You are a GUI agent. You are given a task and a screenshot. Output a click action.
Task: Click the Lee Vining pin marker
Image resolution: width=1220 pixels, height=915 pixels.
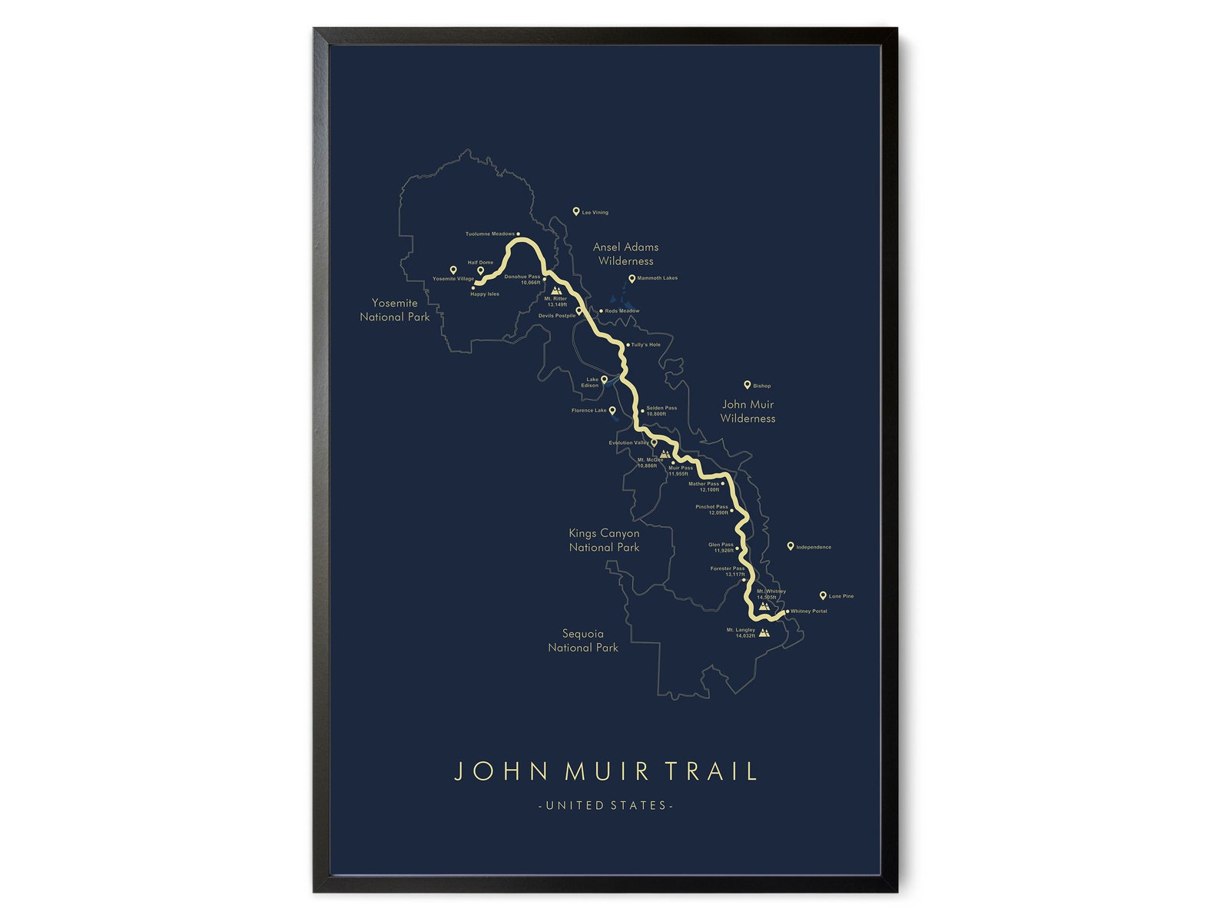click(576, 211)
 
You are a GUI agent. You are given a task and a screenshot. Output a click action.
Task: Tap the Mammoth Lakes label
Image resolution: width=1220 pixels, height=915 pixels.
click(658, 278)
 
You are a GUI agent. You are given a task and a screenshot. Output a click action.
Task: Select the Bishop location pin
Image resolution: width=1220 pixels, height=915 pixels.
click(747, 385)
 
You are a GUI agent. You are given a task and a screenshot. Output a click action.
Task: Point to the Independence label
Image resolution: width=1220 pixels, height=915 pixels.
click(814, 547)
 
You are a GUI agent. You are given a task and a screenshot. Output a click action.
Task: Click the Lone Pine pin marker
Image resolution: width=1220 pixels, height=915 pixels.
click(823, 595)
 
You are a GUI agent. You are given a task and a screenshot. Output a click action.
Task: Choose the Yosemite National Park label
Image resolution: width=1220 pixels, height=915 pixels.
click(395, 310)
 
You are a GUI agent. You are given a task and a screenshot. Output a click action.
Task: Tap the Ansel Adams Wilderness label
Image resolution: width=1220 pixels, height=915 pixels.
click(626, 254)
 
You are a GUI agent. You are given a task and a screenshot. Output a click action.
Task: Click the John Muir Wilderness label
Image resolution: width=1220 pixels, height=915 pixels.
click(748, 411)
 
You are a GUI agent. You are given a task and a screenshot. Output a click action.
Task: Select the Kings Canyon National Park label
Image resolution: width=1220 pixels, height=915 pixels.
click(604, 540)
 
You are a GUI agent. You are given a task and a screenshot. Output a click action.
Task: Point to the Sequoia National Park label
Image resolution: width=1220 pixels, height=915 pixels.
click(583, 641)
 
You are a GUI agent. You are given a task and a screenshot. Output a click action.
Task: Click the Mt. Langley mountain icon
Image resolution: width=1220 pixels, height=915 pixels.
click(764, 633)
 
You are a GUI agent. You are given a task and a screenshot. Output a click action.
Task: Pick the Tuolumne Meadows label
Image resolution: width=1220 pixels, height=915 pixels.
click(490, 234)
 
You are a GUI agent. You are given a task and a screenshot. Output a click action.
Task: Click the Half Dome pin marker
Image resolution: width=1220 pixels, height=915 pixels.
click(481, 270)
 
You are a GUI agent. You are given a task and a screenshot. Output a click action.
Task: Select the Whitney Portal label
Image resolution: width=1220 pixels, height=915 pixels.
click(809, 612)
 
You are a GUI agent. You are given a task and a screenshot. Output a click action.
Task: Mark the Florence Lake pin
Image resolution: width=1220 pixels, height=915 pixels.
click(612, 410)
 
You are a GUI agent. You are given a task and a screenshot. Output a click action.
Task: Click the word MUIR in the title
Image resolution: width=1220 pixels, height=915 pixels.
click(607, 771)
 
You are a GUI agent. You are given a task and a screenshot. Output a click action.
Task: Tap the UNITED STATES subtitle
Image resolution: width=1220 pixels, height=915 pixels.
click(606, 805)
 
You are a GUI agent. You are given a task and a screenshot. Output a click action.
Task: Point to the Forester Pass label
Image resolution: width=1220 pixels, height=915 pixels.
click(728, 569)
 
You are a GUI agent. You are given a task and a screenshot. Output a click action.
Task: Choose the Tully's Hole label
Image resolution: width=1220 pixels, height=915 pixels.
click(646, 345)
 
